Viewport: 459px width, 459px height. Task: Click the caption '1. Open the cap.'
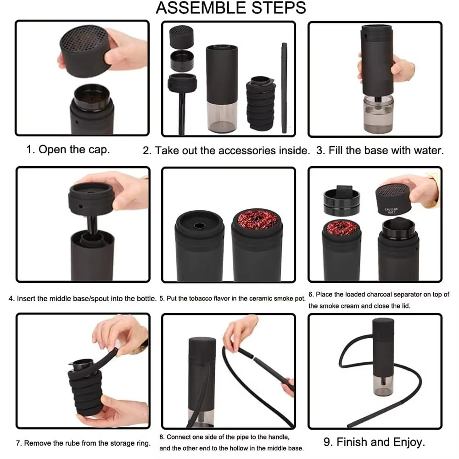(67, 150)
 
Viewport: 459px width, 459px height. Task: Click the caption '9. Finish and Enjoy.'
(374, 442)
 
